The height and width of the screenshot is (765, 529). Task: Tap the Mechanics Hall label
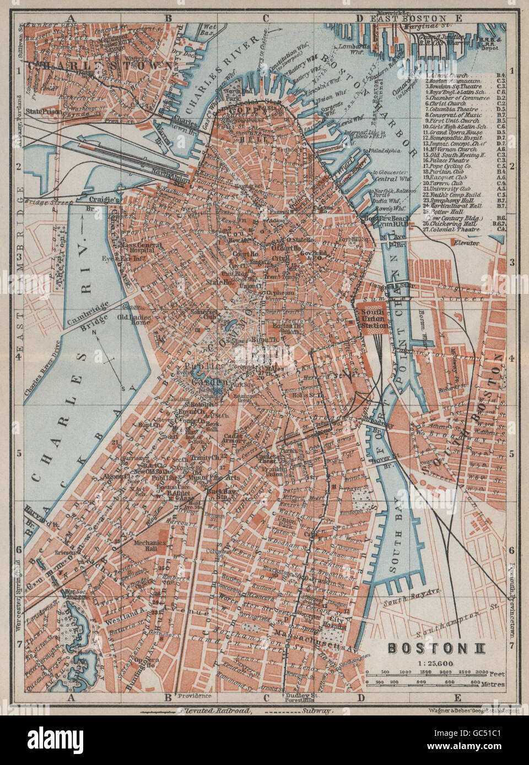(x=150, y=545)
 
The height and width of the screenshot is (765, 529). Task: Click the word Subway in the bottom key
(x=315, y=711)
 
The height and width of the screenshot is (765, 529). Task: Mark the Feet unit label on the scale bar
(x=496, y=673)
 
